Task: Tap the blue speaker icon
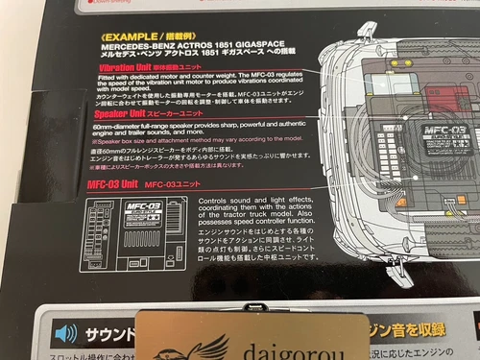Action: pyautogui.click(x=66, y=332)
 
